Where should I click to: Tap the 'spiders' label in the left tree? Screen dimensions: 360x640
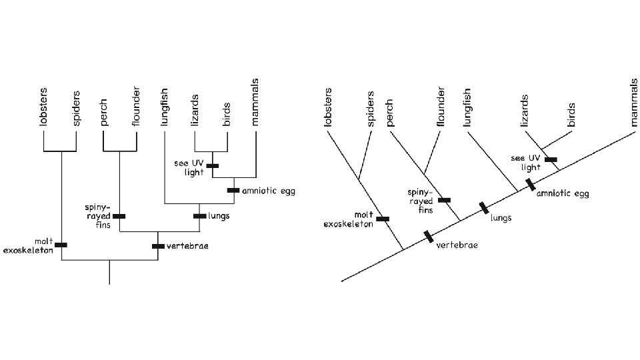point(77,107)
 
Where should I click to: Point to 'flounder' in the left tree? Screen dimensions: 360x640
point(136,105)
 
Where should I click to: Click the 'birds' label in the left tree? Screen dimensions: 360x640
point(227,114)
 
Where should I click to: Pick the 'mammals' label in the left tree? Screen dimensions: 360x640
point(255,102)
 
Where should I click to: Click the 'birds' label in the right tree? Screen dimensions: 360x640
point(571,115)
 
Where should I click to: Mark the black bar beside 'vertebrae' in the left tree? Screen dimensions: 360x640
point(158,246)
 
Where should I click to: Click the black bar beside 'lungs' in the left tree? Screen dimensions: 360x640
point(199,216)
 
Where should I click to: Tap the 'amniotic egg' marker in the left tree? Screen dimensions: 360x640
point(233,190)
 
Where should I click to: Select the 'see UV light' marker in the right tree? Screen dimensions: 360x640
point(551,159)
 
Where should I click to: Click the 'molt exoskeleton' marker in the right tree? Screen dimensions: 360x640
point(383,218)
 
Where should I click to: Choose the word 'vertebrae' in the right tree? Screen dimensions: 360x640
point(457,245)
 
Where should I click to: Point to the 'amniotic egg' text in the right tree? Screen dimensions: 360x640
point(563,194)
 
